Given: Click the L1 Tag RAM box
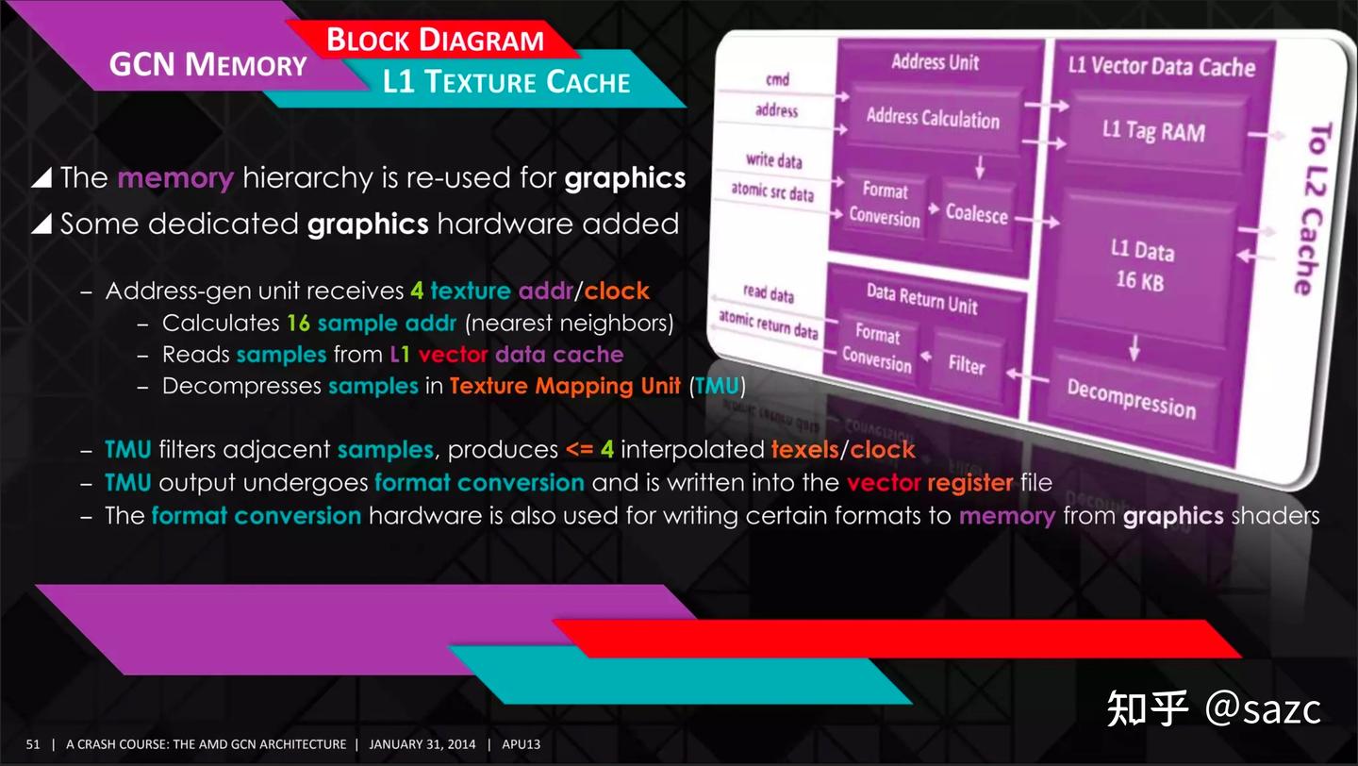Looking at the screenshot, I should tap(1152, 130).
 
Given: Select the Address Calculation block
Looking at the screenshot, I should tap(932, 119).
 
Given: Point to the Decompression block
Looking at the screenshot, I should tap(1131, 396).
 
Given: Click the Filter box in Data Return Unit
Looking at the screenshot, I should tap(966, 364).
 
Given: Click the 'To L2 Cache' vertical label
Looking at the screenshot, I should tap(1311, 208).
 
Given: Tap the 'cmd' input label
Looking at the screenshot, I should tap(777, 80).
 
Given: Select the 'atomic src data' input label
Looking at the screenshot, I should tap(772, 192).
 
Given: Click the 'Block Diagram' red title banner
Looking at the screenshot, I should tap(435, 41).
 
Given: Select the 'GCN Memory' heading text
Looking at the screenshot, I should tap(208, 64).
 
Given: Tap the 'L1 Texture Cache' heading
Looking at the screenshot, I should tap(506, 81).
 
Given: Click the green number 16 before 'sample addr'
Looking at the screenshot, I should tap(298, 324).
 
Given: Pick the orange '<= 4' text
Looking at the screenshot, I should tap(590, 450).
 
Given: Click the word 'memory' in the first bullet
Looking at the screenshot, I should tap(175, 178).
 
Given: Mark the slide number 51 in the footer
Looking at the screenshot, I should tap(33, 744).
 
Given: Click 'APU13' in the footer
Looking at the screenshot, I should tap(522, 744).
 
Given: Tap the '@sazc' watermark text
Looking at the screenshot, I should tap(1263, 708).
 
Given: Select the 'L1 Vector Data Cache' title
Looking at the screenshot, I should tap(1161, 66).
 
